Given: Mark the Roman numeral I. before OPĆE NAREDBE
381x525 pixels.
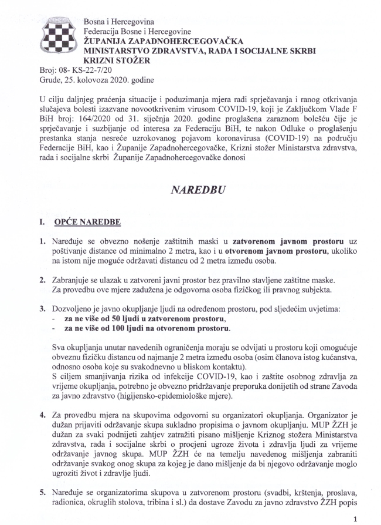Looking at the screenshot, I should coord(42,223).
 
